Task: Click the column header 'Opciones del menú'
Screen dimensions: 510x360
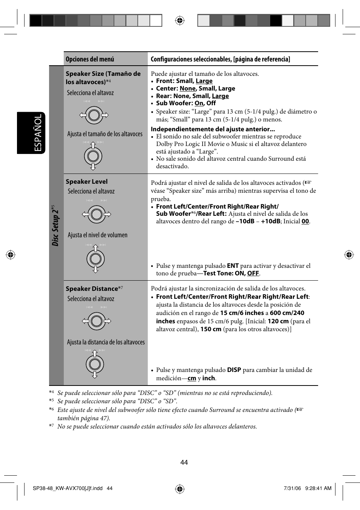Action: coord(90,59)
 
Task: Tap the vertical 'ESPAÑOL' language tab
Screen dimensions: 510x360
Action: coord(38,133)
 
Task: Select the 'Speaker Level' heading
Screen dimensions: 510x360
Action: coord(86,181)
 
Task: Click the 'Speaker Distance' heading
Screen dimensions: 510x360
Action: coord(92,289)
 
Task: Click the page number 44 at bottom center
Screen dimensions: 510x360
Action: coord(184,462)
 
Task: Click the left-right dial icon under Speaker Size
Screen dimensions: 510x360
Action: coord(94,115)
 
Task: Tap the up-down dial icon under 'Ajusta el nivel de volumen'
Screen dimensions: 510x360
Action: coord(95,259)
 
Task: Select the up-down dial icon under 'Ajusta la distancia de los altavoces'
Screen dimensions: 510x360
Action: coord(95,364)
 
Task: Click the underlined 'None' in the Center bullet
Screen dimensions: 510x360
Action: coord(188,89)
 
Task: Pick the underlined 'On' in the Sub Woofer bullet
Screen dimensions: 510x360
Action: coord(199,103)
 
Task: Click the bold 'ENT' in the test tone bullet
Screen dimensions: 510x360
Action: coord(232,266)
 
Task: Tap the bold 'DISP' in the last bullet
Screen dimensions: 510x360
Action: coord(234,370)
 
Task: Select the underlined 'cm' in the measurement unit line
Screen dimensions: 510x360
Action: coord(192,378)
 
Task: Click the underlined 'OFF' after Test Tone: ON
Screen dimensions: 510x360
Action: coord(253,273)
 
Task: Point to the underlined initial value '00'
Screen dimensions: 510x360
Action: coord(305,221)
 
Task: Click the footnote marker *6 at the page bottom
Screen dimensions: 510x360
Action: coord(51,409)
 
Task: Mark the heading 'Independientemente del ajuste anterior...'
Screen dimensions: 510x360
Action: coord(213,129)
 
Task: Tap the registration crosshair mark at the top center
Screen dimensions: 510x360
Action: coord(180,20)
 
